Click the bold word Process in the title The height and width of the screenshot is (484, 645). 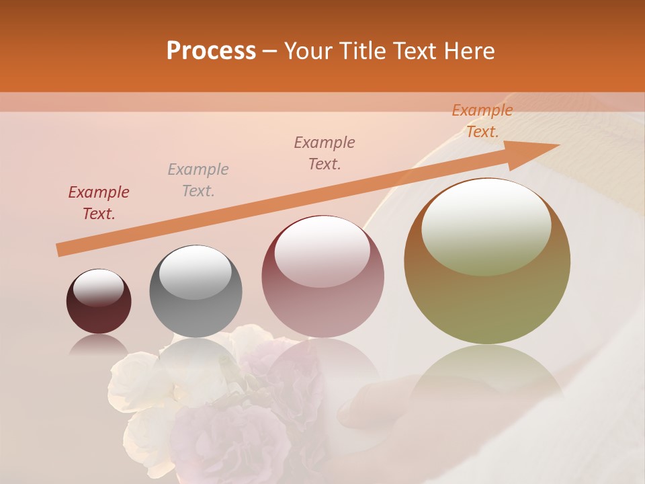click(211, 51)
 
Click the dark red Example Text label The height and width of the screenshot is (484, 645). click(99, 203)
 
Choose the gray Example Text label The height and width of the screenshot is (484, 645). click(198, 180)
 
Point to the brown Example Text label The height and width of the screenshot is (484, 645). click(325, 153)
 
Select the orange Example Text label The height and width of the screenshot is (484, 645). click(482, 121)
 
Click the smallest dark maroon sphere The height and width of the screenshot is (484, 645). click(99, 301)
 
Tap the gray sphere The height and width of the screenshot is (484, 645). click(196, 291)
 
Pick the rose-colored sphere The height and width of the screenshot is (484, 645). click(323, 276)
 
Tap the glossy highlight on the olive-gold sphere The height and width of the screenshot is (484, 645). click(486, 226)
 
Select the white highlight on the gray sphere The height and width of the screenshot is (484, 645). click(196, 270)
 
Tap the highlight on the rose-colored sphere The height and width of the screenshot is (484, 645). click(322, 251)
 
